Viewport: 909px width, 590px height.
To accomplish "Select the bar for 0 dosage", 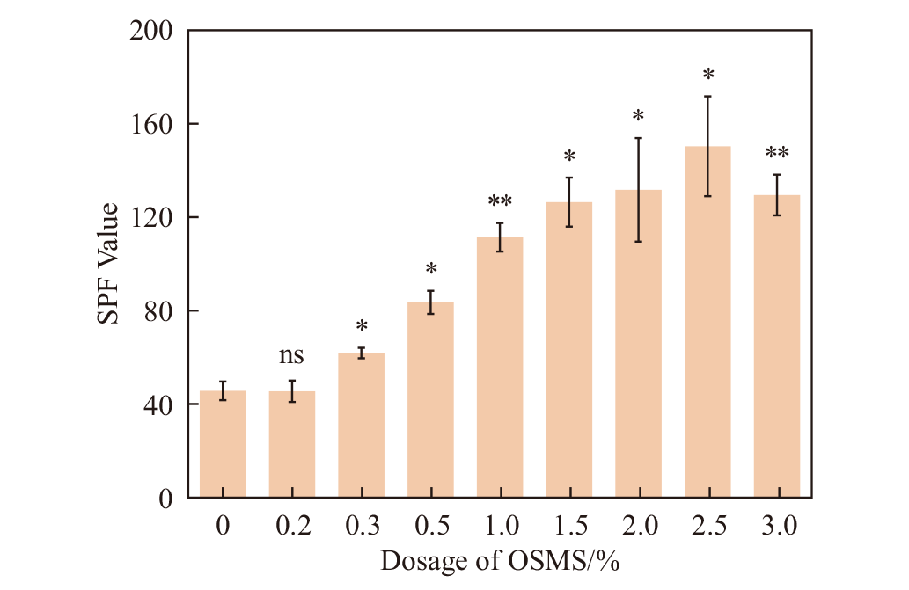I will click(223, 445).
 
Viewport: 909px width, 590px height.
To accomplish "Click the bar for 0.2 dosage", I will click(292, 445).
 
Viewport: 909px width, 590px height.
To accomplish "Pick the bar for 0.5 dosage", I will click(430, 401).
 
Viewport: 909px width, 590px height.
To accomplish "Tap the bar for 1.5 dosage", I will click(569, 352).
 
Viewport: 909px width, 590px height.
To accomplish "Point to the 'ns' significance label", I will click(292, 356).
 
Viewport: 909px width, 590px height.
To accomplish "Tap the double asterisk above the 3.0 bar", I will click(777, 154).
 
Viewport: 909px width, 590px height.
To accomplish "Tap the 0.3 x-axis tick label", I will click(362, 527).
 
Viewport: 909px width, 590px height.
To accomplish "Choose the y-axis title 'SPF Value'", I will click(109, 264).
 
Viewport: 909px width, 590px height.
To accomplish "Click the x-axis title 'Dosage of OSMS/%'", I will click(500, 561).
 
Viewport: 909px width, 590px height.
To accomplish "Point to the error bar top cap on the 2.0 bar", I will click(639, 138).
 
